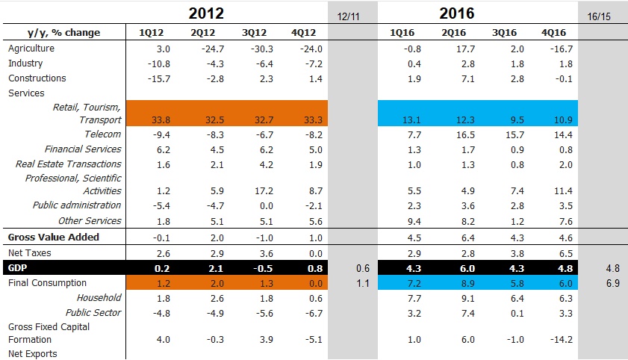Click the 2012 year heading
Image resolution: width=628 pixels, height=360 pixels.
click(x=206, y=13)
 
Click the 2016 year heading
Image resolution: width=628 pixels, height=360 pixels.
click(x=457, y=13)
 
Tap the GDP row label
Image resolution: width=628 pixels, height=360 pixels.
click(x=17, y=267)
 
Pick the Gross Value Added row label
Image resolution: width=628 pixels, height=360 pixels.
click(x=53, y=238)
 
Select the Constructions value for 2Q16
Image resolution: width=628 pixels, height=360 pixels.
click(x=453, y=78)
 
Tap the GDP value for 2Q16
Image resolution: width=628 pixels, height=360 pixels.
click(x=453, y=267)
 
